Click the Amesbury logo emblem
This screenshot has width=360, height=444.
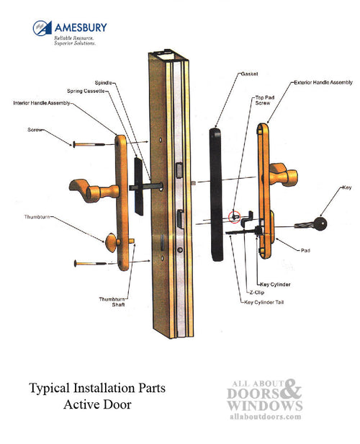(x=42, y=30)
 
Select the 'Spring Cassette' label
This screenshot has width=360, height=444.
(x=103, y=92)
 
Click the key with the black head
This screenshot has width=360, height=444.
(x=316, y=222)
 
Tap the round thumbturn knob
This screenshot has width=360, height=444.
(x=112, y=244)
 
